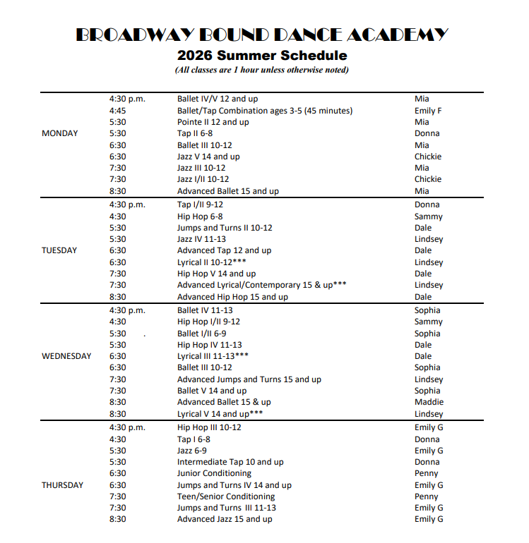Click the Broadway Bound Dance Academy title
[x=261, y=35]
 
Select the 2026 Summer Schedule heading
[x=262, y=56]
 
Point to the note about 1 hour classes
[x=262, y=70]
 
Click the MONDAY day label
[x=60, y=133]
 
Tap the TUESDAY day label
[x=60, y=250]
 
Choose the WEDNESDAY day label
[x=66, y=356]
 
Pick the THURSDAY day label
[x=62, y=485]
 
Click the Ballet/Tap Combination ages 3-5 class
[x=264, y=111]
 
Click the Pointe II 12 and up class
[x=213, y=122]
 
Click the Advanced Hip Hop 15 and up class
[x=232, y=297]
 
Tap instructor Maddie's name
[x=429, y=402]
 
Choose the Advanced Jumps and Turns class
[x=249, y=379]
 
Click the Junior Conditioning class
[x=214, y=473]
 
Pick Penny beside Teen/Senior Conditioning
[x=426, y=496]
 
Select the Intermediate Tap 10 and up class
[x=230, y=462]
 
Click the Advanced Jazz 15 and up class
[x=225, y=519]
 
